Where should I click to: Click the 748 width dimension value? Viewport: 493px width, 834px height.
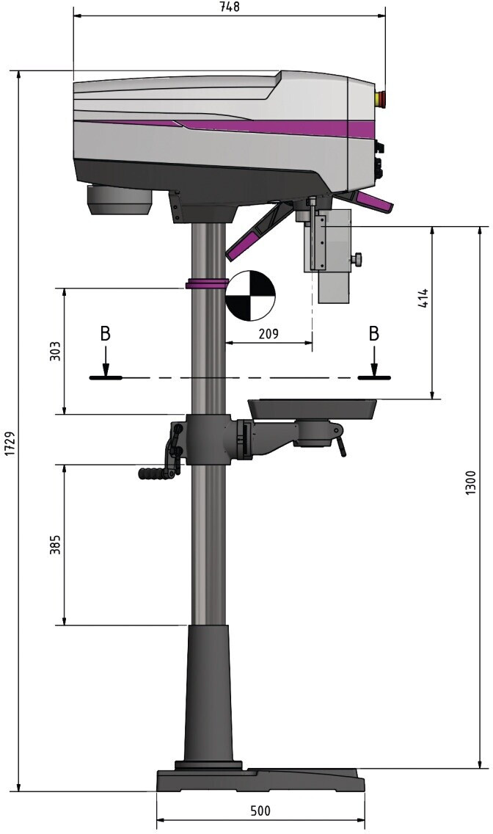(x=230, y=7)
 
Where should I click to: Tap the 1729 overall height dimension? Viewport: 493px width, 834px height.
(x=9, y=443)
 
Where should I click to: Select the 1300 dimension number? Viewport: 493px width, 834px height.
(x=471, y=482)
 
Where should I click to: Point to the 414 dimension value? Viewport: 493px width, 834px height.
(x=422, y=299)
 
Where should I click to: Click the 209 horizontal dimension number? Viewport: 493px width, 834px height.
(x=269, y=333)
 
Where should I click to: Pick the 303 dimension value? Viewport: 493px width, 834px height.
(x=55, y=350)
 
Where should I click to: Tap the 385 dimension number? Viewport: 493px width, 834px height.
(x=55, y=544)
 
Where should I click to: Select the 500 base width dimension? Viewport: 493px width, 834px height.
(x=260, y=811)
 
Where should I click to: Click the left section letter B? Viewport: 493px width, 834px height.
(x=106, y=334)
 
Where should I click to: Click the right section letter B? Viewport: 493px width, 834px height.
(x=374, y=334)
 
